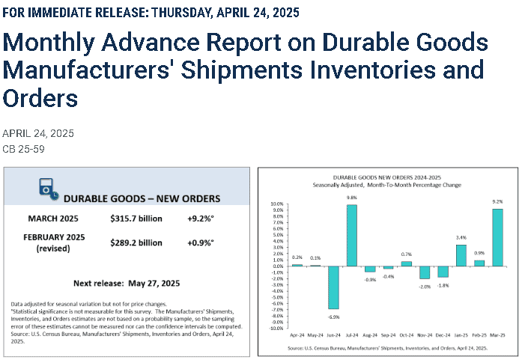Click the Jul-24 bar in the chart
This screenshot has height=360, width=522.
tap(352, 235)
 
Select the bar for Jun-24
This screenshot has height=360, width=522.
tap(333, 287)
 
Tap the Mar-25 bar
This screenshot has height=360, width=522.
tap(497, 237)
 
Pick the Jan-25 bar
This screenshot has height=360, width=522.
tap(461, 255)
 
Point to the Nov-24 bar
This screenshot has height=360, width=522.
tap(425, 272)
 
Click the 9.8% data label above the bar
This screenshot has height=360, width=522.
tap(352, 198)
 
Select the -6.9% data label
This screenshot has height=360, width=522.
tap(333, 317)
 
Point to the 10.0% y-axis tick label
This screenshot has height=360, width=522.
tap(277, 204)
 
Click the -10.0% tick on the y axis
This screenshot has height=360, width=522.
tap(276, 329)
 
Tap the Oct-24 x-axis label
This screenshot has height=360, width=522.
tap(407, 335)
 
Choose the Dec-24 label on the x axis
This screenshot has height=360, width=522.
tap(443, 335)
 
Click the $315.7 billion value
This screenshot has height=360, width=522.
tap(136, 219)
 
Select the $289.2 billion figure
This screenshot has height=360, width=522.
tap(136, 243)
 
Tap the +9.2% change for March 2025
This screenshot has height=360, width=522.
tap(201, 219)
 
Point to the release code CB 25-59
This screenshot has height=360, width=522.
tap(23, 149)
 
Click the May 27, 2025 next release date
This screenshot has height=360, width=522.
tap(154, 284)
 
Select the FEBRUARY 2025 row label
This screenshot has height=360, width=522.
tap(54, 237)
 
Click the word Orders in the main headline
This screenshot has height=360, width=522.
tap(40, 98)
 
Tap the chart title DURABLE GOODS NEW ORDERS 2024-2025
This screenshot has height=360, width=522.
tap(387, 177)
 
